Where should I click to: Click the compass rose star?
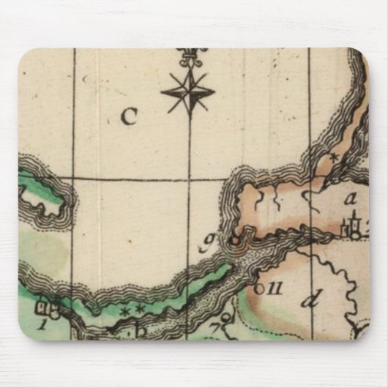coord(188,92)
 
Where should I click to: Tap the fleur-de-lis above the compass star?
coord(191,56)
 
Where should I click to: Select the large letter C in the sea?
coord(129,116)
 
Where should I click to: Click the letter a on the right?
coord(351,198)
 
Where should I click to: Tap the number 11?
coord(275,288)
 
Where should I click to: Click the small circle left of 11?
coord(258,288)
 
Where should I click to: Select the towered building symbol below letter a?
coord(353,228)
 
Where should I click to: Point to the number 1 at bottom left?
coord(43,323)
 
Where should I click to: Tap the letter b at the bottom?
coord(141,330)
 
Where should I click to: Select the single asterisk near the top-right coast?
coord(333,157)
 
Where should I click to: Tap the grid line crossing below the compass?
coord(190,179)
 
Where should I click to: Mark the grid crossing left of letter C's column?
coord(72,178)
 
